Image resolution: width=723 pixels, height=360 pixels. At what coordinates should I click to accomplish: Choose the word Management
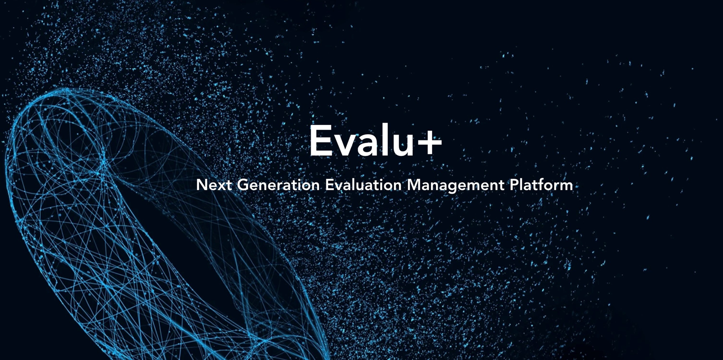tap(456, 186)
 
